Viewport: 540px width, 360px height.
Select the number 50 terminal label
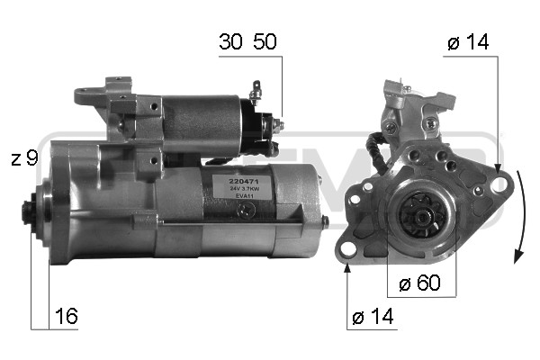pos(264,42)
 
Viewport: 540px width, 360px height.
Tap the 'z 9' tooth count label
pos(24,158)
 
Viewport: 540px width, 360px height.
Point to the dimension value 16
pos(67,316)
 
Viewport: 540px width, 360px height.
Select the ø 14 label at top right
pos(468,42)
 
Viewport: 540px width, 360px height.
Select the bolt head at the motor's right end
pos(325,219)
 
